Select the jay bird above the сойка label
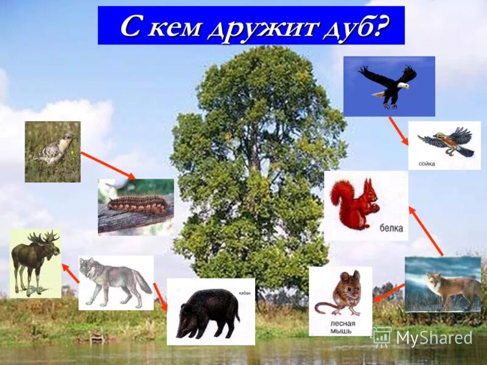(447, 141)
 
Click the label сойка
(427, 164)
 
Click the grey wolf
(115, 281)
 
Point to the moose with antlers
(35, 262)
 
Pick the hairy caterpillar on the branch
(135, 205)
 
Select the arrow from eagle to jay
(398, 131)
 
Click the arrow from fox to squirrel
(426, 231)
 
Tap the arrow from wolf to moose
(70, 273)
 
